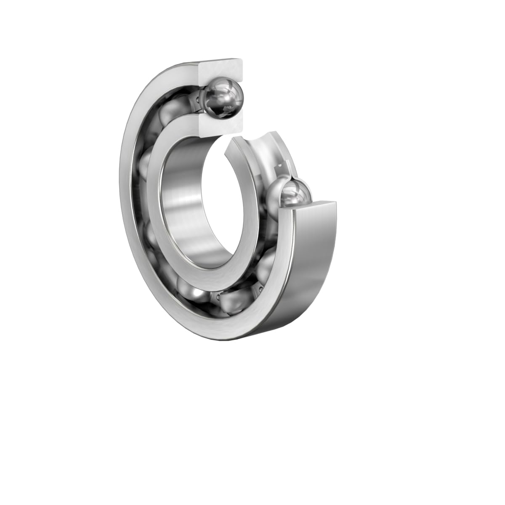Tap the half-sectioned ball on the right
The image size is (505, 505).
point(295,193)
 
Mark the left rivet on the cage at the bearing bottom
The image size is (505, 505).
point(218,297)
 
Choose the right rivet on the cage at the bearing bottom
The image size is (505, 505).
point(261,290)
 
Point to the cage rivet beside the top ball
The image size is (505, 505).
point(198,100)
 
